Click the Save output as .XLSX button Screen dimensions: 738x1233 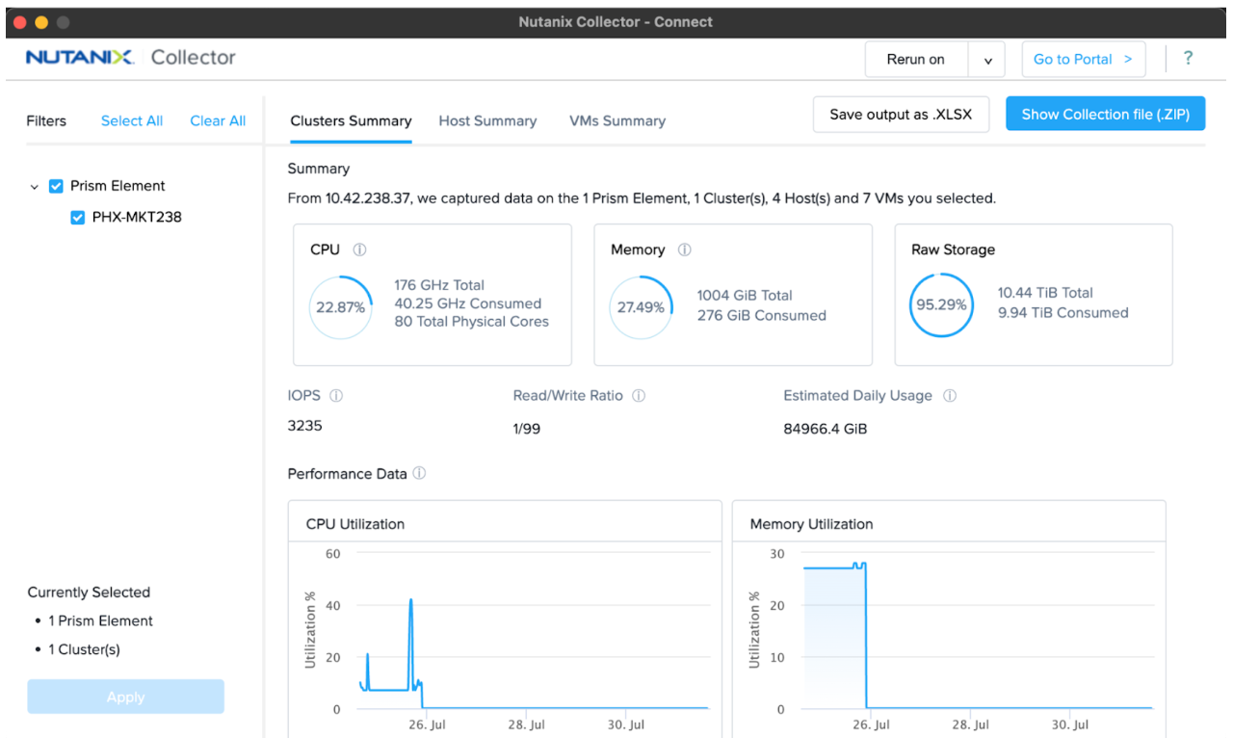(x=901, y=115)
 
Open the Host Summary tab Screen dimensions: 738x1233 (x=487, y=120)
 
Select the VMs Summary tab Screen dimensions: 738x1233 (x=616, y=120)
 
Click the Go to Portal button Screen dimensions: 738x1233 (x=1083, y=59)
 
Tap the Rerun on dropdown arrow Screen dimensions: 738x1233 (x=987, y=60)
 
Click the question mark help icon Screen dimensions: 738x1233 (x=1188, y=59)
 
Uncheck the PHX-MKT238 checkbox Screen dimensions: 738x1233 (x=78, y=218)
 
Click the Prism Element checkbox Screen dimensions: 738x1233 (x=56, y=186)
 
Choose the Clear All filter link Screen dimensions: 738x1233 (x=218, y=120)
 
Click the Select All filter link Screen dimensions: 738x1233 (x=132, y=120)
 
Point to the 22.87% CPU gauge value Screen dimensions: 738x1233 (x=340, y=307)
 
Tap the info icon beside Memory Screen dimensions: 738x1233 (x=684, y=250)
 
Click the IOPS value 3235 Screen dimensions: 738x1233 (x=304, y=425)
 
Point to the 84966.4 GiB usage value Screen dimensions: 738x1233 (x=825, y=429)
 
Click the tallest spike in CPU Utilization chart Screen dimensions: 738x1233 (x=410, y=601)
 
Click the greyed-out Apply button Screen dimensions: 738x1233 (x=125, y=697)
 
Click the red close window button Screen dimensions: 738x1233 (x=19, y=22)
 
